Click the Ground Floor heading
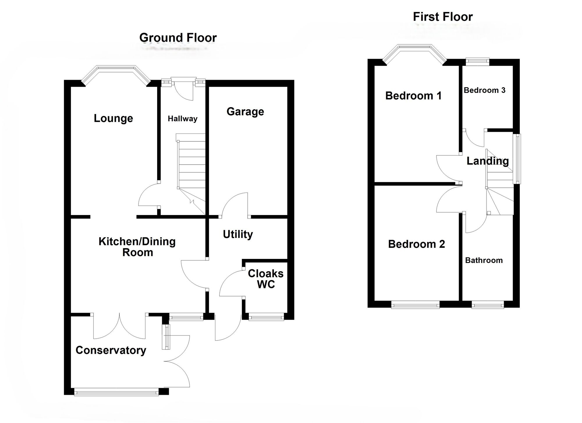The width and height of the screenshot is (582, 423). [x=178, y=38]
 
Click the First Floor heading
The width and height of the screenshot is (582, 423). [x=443, y=17]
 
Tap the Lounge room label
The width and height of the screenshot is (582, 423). [x=113, y=118]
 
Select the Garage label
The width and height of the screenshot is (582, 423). [x=245, y=112]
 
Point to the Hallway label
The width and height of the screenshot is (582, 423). [x=182, y=119]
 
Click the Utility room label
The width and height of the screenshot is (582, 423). [x=238, y=234]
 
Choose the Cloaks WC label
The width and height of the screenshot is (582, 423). [x=266, y=279]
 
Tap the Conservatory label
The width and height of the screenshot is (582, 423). [x=111, y=350]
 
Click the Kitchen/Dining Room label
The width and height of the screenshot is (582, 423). [x=137, y=247]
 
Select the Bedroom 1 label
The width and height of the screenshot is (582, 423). [x=413, y=96]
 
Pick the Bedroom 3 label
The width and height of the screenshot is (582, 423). [x=484, y=90]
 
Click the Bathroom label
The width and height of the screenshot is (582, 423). [x=484, y=260]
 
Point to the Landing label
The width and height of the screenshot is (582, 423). [x=487, y=161]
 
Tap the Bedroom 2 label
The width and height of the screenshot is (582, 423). [x=416, y=244]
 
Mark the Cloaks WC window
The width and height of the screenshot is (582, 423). [x=266, y=317]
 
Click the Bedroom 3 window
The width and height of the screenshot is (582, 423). [x=477, y=61]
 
